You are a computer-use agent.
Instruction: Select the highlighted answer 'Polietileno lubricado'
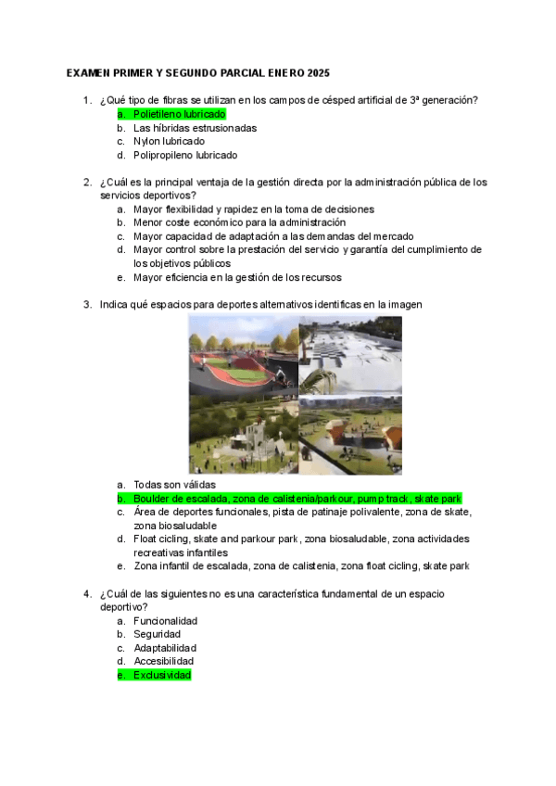point(179,114)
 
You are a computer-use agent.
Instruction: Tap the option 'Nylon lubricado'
point(169,141)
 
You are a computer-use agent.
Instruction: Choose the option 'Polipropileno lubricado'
point(184,155)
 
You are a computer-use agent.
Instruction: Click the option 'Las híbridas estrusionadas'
point(195,128)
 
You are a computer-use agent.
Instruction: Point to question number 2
point(87,182)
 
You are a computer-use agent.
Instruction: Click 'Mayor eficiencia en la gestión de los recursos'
point(237,277)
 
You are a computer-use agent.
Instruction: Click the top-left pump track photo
point(243,354)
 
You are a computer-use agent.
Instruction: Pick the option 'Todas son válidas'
point(174,485)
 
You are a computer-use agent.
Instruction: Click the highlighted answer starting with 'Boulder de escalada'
point(297,499)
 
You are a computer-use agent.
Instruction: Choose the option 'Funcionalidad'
point(165,621)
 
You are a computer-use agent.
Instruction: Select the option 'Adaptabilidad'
point(164,648)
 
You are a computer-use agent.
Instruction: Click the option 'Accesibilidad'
point(163,661)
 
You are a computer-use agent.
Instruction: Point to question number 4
point(87,593)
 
